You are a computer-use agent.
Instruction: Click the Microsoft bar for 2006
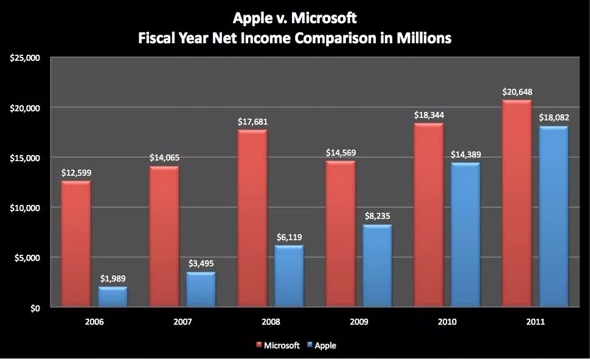(x=76, y=244)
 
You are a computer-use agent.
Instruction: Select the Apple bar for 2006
(x=113, y=297)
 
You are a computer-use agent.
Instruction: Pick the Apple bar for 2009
(x=377, y=266)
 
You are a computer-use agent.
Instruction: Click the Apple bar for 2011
(x=554, y=216)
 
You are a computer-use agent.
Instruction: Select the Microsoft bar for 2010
(x=429, y=215)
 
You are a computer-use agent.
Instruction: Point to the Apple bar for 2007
(x=201, y=289)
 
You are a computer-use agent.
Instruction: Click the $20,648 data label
(x=517, y=92)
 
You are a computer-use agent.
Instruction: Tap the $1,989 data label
(x=113, y=279)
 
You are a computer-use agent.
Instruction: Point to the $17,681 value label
(x=252, y=122)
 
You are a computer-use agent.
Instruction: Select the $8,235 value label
(x=377, y=217)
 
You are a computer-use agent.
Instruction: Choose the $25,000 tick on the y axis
(x=25, y=58)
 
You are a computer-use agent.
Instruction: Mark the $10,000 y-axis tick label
(x=25, y=208)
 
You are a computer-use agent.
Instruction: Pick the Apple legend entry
(x=325, y=345)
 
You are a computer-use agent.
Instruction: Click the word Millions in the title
(x=418, y=38)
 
